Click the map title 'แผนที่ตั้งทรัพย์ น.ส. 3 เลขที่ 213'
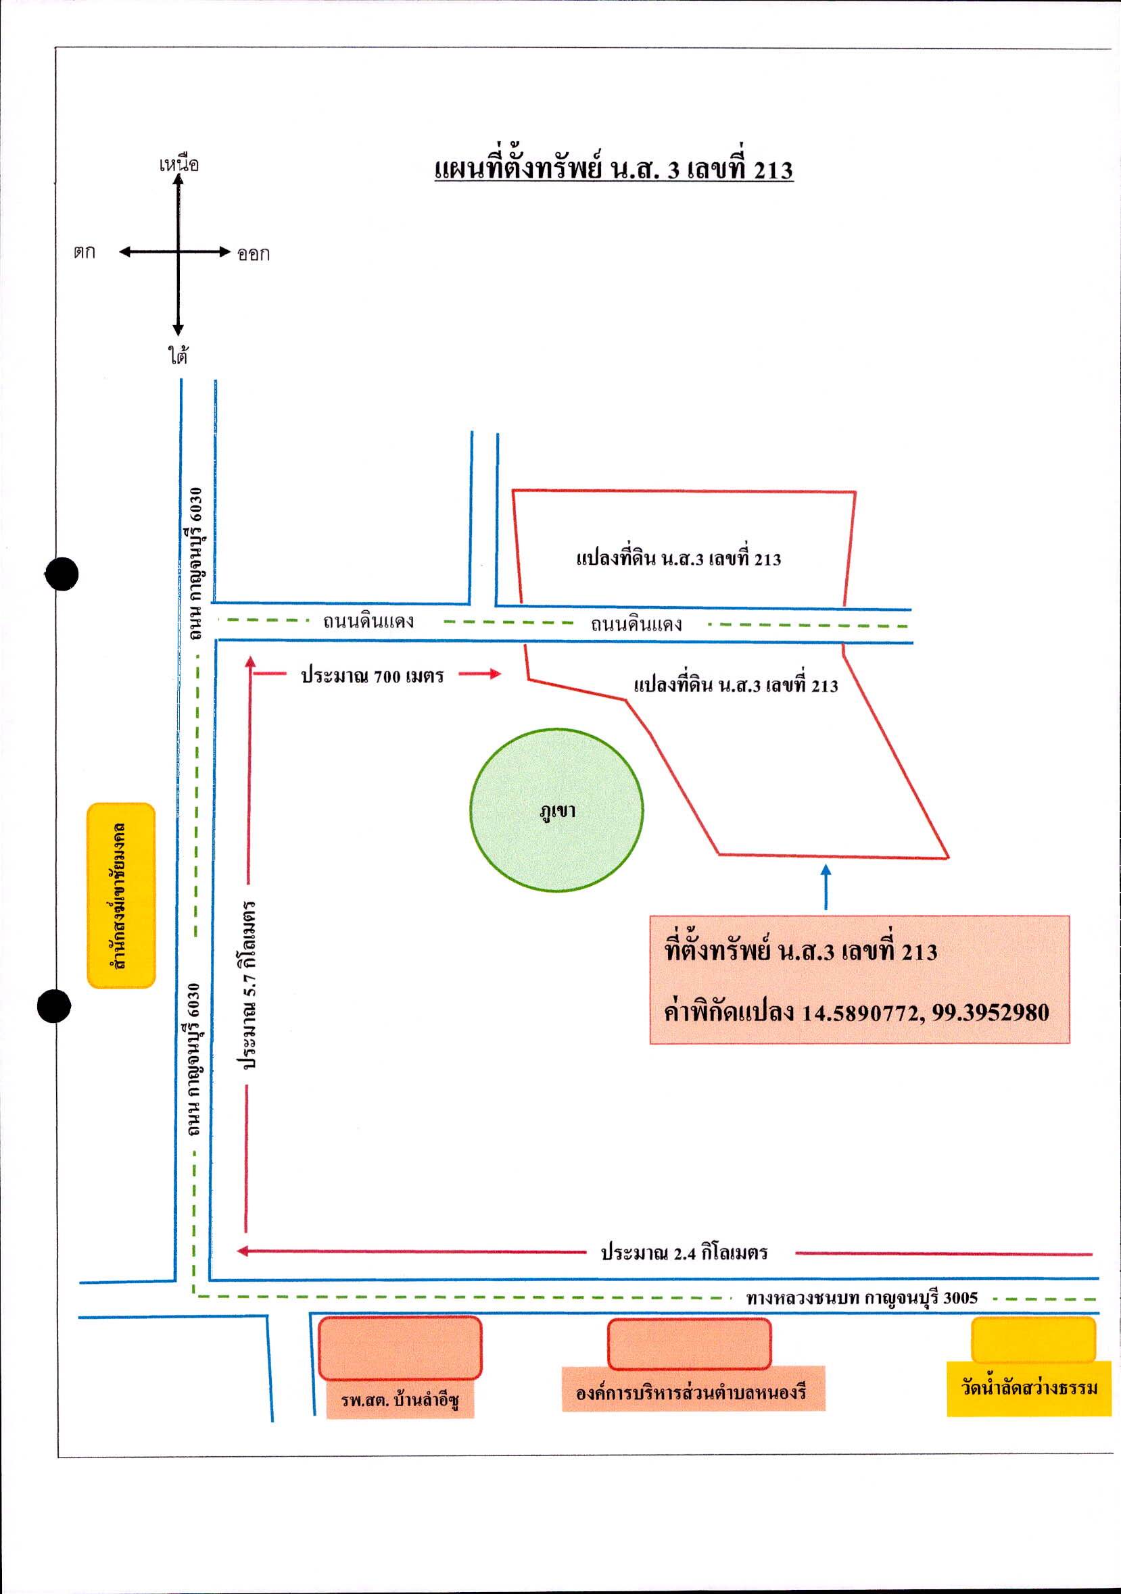click(x=614, y=170)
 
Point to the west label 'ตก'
click(x=85, y=252)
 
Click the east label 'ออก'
click(x=254, y=253)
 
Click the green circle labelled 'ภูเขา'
click(x=556, y=810)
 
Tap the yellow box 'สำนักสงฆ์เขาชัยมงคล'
click(x=121, y=895)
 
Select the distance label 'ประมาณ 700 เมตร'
click(x=373, y=676)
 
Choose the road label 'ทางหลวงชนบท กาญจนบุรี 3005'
click(x=862, y=1297)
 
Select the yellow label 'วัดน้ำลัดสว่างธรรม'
click(x=1029, y=1388)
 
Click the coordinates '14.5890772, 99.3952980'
click(x=926, y=1013)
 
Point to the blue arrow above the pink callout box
click(x=826, y=887)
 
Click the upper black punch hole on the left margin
click(x=62, y=574)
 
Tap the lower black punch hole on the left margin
click(x=53, y=1006)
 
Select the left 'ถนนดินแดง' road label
click(x=368, y=621)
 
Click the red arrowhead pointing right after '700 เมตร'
click(x=494, y=674)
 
